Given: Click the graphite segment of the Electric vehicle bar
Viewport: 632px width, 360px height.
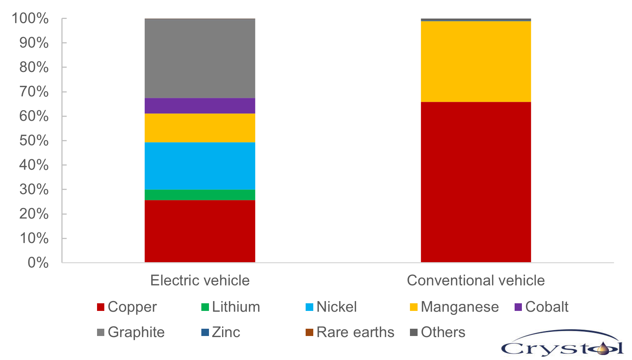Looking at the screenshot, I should tap(200, 58).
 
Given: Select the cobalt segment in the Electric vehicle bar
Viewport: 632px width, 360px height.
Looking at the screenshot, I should tap(200, 106).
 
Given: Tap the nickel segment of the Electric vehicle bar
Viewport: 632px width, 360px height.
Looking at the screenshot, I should tap(200, 166).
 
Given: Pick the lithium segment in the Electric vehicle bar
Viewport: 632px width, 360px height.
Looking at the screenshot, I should tap(200, 195).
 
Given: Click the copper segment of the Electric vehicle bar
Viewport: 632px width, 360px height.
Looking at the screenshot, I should tap(200, 231).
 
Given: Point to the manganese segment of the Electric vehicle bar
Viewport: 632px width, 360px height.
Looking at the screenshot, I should tap(200, 128).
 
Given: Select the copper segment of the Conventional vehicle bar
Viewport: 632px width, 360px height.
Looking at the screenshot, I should tap(476, 182).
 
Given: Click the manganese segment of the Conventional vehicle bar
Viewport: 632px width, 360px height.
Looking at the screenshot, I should tap(476, 61).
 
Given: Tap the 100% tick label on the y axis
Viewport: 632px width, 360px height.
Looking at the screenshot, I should tap(30, 18).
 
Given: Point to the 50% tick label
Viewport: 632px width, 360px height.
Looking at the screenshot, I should tap(34, 141).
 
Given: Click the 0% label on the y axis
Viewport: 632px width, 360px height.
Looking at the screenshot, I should tap(38, 263).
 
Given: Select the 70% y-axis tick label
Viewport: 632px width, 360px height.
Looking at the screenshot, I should tap(34, 92).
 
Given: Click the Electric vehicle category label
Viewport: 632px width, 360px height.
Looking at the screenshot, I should tap(200, 280).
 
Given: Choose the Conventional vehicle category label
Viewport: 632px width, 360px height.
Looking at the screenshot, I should tap(476, 280).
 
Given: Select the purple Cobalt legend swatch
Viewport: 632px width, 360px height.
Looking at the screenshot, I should tap(518, 307).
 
